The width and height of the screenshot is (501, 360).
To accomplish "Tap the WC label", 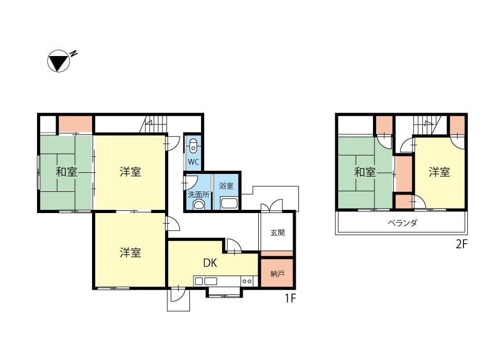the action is click(193, 162).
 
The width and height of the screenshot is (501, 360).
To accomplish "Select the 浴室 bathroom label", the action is click(226, 186).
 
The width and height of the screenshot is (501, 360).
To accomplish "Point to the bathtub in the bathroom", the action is click(229, 203).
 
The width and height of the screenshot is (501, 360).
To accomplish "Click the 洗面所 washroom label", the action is click(198, 195).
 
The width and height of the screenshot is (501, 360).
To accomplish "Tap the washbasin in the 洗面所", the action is click(198, 204).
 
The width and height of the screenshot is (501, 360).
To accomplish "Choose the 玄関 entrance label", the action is click(277, 233).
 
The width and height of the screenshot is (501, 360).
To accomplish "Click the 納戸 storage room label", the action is click(277, 274).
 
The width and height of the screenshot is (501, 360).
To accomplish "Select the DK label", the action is click(210, 263).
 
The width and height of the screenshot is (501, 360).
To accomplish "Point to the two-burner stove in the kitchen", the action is click(247, 281).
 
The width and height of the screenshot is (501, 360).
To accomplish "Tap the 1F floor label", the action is click(290, 299).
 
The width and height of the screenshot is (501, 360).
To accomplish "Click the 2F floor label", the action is click(461, 244).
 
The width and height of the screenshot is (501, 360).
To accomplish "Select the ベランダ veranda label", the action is click(403, 223).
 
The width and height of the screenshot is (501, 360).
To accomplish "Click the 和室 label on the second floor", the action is click(365, 172).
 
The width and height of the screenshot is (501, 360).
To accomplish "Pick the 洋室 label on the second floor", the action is click(439, 172).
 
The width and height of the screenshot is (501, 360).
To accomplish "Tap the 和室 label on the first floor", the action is click(67, 172).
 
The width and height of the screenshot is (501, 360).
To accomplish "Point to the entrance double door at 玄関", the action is click(271, 206).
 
